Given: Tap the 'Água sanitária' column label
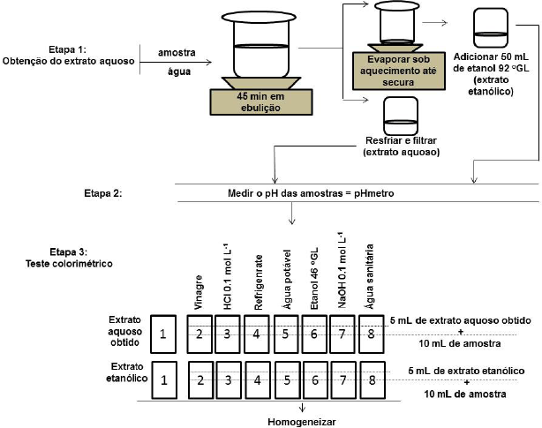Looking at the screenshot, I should (371, 274).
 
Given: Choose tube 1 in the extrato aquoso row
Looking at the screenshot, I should (164, 333).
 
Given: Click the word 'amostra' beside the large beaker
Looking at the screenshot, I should (177, 53).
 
